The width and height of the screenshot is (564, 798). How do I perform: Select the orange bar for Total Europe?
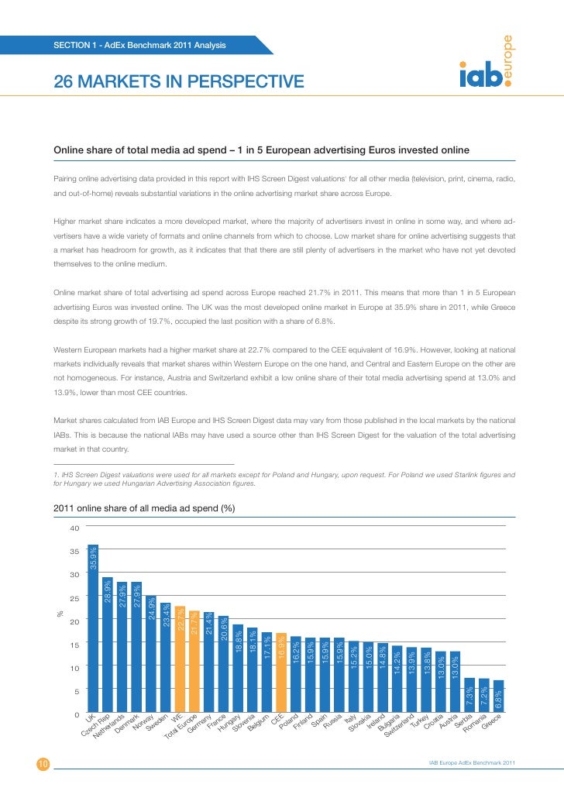(x=194, y=662)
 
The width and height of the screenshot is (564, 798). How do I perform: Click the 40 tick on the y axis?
(x=74, y=528)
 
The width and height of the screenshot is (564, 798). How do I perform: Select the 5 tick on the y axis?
(x=76, y=690)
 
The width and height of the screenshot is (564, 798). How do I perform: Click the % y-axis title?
(x=60, y=614)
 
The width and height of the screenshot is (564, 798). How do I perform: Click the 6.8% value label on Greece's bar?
(x=499, y=699)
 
